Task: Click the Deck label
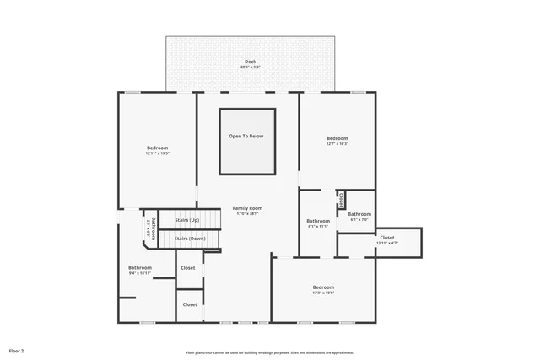(251, 62)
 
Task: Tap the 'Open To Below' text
(246, 136)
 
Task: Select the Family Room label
(247, 208)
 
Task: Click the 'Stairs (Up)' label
(186, 220)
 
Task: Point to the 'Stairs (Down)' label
(190, 239)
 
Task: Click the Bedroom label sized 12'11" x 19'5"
(157, 148)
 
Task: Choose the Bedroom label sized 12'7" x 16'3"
(337, 138)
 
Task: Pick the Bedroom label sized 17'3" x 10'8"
(323, 287)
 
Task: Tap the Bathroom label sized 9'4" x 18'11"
(140, 268)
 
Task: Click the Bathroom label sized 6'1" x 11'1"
(317, 221)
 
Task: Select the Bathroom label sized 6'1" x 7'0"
(359, 214)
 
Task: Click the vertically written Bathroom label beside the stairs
(154, 228)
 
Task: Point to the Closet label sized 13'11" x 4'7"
(386, 238)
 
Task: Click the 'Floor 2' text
(17, 350)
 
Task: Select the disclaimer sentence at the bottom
(270, 352)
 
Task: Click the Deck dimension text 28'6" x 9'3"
(251, 67)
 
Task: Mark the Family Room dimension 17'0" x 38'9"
(247, 213)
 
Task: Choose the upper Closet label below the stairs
(187, 268)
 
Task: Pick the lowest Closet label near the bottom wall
(190, 304)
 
